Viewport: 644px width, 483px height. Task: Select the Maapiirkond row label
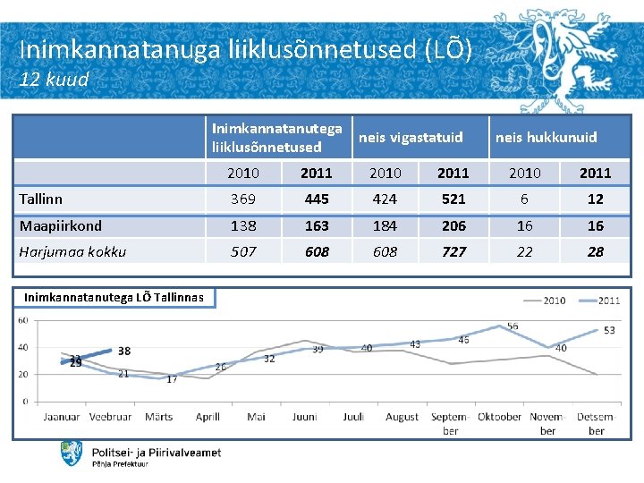pyautogui.click(x=61, y=225)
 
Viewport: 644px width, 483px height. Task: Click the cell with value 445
pyautogui.click(x=317, y=199)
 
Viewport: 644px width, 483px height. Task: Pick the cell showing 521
pyautogui.click(x=454, y=199)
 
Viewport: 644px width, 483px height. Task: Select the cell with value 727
pyautogui.click(x=454, y=251)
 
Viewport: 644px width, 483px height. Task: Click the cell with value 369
pyautogui.click(x=243, y=199)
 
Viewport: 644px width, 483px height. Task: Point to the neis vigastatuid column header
pyautogui.click(x=411, y=137)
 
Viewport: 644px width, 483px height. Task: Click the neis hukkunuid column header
pyautogui.click(x=546, y=137)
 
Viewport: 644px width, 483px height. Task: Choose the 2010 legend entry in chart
pyautogui.click(x=553, y=301)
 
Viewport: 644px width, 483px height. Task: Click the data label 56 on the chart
pyautogui.click(x=513, y=327)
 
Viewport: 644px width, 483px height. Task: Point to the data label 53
pyautogui.click(x=609, y=331)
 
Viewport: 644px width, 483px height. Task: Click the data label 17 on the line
pyautogui.click(x=172, y=379)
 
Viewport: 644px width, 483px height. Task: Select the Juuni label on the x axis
pyautogui.click(x=304, y=417)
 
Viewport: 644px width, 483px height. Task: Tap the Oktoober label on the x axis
pyautogui.click(x=499, y=417)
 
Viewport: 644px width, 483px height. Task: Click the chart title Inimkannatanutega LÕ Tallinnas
pyautogui.click(x=114, y=297)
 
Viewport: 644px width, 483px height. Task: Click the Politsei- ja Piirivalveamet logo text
pyautogui.click(x=157, y=453)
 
